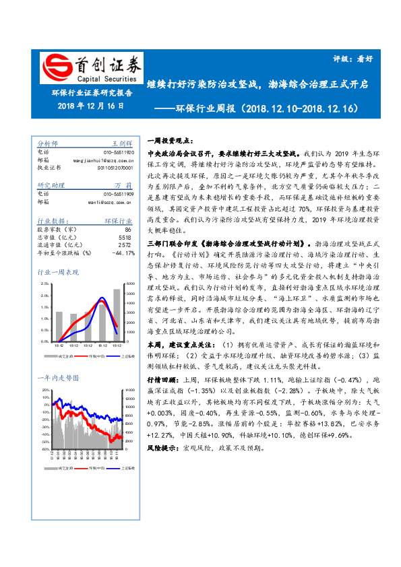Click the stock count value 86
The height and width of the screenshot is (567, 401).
128,230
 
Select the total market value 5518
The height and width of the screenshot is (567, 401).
125,238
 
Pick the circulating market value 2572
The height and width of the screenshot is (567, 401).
125,245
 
